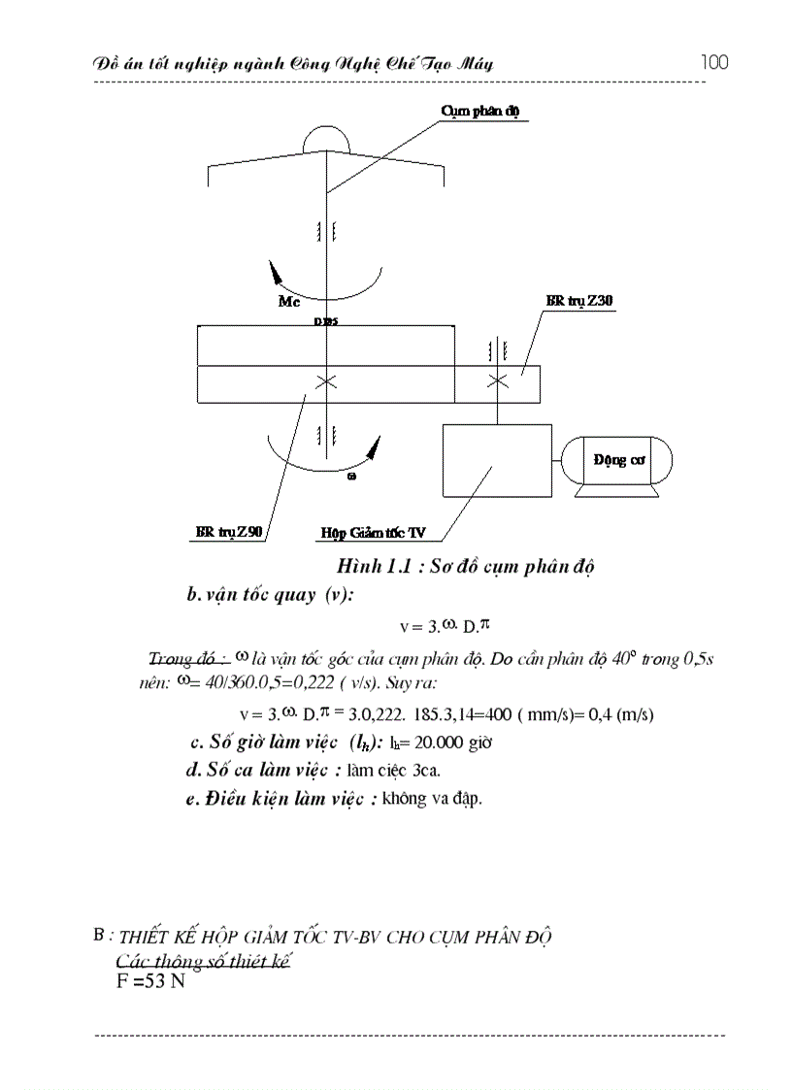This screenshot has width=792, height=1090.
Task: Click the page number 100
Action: point(713,63)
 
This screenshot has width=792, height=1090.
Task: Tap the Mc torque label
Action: point(290,302)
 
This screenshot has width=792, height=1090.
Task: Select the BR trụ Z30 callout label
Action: point(579,302)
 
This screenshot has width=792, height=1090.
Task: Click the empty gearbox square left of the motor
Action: point(497,462)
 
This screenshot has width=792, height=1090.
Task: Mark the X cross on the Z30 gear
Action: point(497,381)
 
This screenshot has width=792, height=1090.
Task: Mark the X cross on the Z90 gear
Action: point(326,381)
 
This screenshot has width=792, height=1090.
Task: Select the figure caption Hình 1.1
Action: point(464,567)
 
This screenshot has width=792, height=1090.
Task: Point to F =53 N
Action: point(149,980)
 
